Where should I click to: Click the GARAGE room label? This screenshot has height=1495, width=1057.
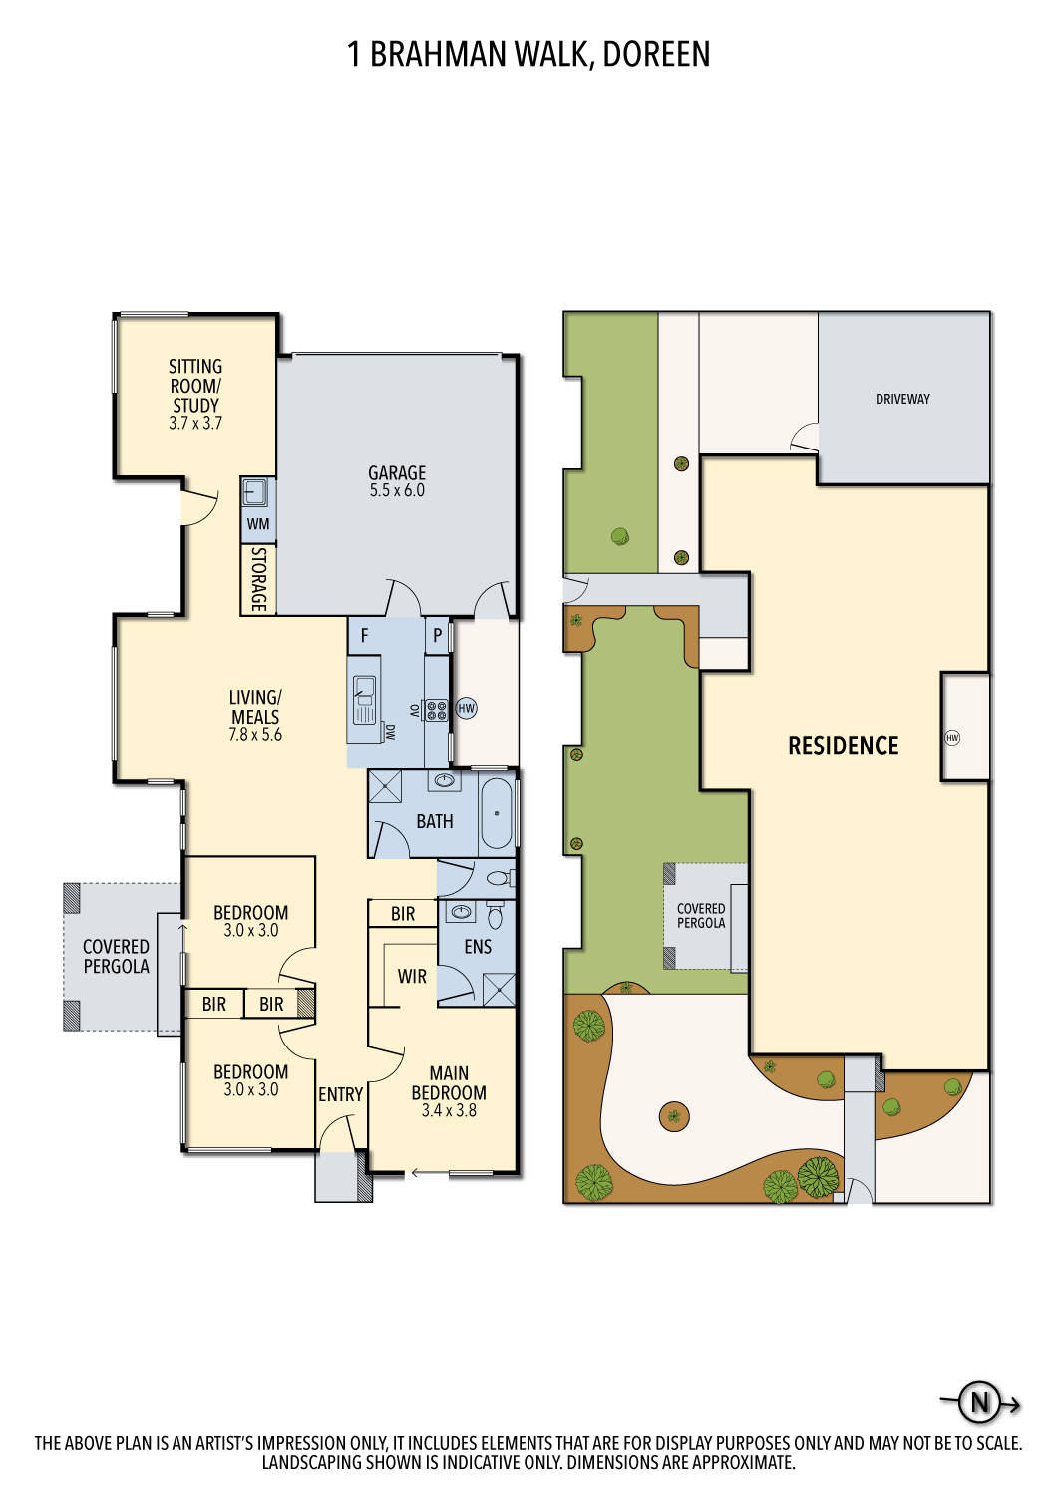point(397,472)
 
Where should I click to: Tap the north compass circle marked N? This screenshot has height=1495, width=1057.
point(979,1403)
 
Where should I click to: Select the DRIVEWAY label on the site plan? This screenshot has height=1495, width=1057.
point(902,399)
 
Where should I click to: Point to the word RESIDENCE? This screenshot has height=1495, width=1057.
point(844,746)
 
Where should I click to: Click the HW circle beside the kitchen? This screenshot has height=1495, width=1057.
point(466,708)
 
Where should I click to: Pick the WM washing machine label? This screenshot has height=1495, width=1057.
point(257,524)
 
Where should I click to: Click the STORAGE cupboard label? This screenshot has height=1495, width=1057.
point(258,579)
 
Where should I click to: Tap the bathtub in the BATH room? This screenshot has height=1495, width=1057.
point(497,813)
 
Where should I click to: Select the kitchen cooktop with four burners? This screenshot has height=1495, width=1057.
point(436,710)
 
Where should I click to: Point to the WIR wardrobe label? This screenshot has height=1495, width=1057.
point(411,976)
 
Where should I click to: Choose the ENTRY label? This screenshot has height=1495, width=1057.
point(341,1094)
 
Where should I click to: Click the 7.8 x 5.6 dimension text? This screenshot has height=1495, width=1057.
point(255,735)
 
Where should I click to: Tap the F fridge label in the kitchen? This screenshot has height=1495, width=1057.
point(365,635)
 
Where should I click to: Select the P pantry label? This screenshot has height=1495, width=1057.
point(438,635)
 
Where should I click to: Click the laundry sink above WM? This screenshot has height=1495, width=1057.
point(257,492)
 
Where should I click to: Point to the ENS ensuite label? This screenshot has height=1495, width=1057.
point(478,947)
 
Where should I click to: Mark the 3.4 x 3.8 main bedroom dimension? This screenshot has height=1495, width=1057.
point(449,1110)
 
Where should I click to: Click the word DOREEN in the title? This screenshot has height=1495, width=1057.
point(656,54)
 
